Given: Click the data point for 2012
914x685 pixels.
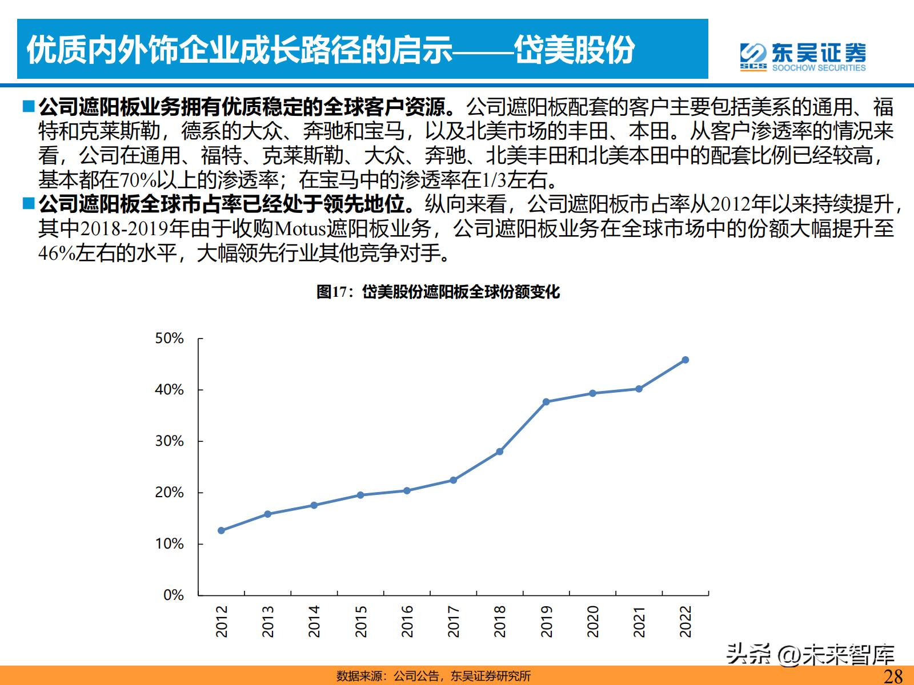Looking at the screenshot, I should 221,530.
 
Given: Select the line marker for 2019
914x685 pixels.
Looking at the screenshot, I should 546,402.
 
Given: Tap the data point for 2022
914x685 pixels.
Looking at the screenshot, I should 685,360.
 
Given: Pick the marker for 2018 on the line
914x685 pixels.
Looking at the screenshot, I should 500,452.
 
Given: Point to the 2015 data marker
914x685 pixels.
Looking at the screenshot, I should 360,495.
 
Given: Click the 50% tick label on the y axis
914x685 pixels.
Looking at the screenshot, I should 169,339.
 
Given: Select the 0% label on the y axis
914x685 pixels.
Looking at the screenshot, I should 173,595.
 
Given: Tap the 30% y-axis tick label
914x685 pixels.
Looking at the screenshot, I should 169,441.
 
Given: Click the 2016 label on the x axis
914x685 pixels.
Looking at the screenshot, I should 407,621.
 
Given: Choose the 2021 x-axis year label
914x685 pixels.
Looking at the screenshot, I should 639,621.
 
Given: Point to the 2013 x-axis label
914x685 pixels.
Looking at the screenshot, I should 267,621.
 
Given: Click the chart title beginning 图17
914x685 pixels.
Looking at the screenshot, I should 438,292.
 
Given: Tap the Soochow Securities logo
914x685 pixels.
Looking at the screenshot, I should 803,57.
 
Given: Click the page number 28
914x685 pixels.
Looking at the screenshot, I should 893,676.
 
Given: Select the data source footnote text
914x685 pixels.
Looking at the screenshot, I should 434,676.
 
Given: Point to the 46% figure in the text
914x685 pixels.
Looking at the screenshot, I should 56,253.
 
